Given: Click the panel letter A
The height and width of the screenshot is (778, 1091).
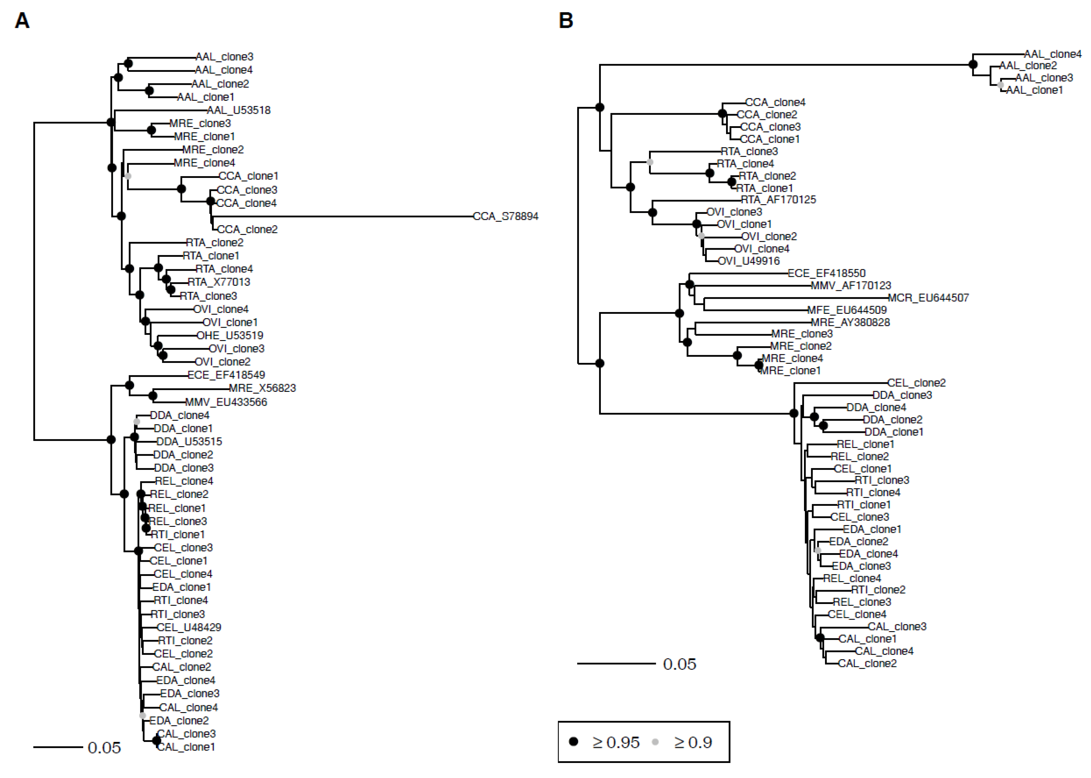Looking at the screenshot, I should [22, 21].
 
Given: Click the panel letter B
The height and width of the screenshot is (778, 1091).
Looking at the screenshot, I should [566, 21].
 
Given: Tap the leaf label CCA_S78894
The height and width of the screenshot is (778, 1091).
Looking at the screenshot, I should [505, 217].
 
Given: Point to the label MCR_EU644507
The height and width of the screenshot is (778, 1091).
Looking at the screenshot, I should [928, 298].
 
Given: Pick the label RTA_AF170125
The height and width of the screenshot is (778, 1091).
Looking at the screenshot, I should [778, 200].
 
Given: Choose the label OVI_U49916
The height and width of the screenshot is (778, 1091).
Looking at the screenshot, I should [749, 261].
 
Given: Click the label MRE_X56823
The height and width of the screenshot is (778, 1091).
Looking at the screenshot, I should [262, 388].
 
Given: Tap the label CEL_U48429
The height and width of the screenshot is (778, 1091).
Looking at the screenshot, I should [189, 628].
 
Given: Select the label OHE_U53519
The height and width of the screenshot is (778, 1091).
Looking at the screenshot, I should [230, 335].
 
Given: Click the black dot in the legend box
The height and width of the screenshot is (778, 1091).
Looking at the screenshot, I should [573, 742].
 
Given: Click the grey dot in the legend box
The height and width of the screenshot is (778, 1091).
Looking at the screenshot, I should [655, 742].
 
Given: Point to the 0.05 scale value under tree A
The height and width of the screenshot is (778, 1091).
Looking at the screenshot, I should [104, 748].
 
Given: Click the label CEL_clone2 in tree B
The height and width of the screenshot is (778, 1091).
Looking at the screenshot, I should [916, 383].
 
